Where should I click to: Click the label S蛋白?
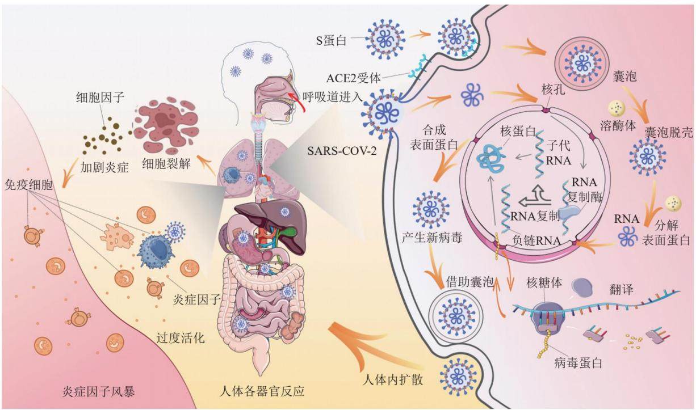tap(331, 41)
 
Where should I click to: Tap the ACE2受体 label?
tap(353, 78)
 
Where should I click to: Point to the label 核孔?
tap(554, 90)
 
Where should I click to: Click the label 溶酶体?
tap(618, 126)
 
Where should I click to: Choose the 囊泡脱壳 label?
tap(668, 133)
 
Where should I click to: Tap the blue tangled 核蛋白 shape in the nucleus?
tap(491, 158)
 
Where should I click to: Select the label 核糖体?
tap(544, 283)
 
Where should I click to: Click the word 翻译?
tap(621, 289)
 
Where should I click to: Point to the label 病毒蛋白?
tap(578, 363)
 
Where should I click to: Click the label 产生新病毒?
tap(432, 238)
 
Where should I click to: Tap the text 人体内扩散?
tap(393, 379)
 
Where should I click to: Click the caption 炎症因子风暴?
tap(99, 392)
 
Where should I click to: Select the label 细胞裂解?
tap(166, 163)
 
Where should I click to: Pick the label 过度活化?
tap(181, 337)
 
